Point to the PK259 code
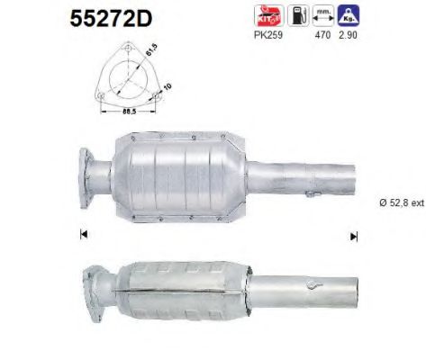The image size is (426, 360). pos(267,37)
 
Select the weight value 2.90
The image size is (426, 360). pos(343,37)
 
